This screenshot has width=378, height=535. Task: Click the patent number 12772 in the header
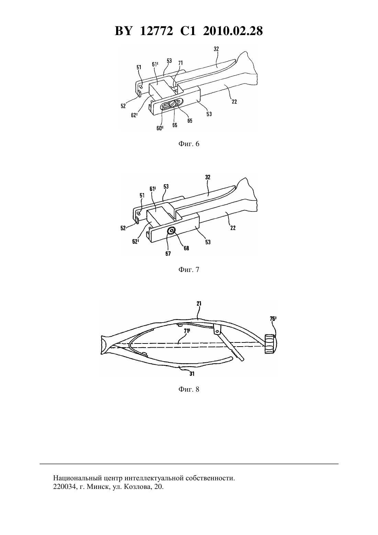(156, 31)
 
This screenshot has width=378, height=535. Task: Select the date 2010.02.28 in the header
(233, 31)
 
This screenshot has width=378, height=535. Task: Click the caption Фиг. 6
(189, 144)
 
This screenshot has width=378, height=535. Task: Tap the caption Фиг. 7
(189, 270)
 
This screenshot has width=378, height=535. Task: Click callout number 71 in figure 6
(181, 63)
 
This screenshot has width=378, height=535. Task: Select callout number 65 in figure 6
(190, 121)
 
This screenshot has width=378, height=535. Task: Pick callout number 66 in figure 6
(175, 125)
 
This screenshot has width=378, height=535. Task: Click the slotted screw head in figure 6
(172, 105)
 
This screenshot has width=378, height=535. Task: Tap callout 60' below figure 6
(160, 128)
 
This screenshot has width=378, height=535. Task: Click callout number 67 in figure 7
(168, 254)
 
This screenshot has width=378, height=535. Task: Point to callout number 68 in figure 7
(186, 248)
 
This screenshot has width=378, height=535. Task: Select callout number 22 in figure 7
(233, 228)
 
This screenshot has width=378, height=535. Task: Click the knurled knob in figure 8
(270, 344)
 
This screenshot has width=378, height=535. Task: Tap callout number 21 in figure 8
(199, 304)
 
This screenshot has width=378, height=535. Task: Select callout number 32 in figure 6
(216, 49)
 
